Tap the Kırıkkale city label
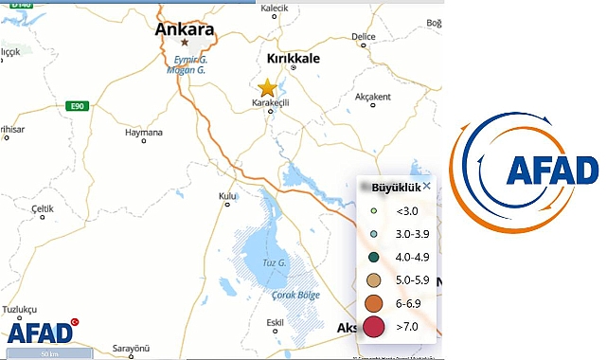pyautogui.click(x=294, y=59)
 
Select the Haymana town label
pyautogui.click(x=144, y=133)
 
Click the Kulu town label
pyautogui.click(x=227, y=196)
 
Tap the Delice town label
pyautogui.click(x=364, y=37)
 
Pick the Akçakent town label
pyautogui.click(x=372, y=97)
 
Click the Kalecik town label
pyautogui.click(x=274, y=8)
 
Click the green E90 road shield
pyautogui.click(x=78, y=106)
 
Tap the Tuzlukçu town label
pyautogui.click(x=20, y=310)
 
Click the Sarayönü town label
pyautogui.click(x=132, y=349)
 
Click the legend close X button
pyautogui.click(x=426, y=186)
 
